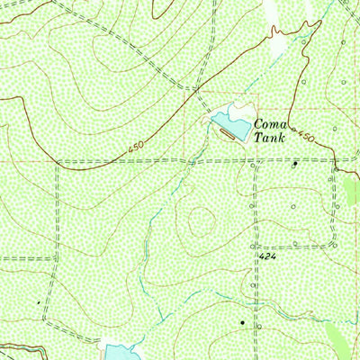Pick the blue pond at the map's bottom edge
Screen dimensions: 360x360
tap(118, 350)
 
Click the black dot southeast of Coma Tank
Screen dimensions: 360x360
tap(295, 164)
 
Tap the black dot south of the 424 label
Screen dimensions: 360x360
tap(241, 321)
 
